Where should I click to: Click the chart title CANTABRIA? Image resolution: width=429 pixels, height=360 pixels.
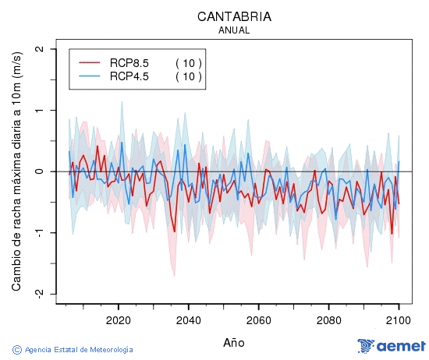[x=234, y=16]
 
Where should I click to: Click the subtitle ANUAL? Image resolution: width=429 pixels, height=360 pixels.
[x=234, y=30]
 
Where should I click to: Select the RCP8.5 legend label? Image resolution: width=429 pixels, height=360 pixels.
[x=129, y=62]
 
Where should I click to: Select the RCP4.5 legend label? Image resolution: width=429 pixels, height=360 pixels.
[x=129, y=76]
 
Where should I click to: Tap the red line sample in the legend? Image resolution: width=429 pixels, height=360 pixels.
[x=90, y=62]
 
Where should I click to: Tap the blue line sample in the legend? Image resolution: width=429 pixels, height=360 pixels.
[x=90, y=76]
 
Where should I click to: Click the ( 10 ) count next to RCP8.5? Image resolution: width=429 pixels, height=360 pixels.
[x=188, y=62]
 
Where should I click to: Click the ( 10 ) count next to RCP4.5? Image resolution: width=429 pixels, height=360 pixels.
[x=188, y=76]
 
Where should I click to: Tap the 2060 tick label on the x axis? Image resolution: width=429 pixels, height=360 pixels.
[x=258, y=320]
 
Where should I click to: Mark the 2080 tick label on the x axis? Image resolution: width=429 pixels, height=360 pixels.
[x=328, y=320]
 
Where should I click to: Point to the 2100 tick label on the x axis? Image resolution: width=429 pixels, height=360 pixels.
[x=399, y=320]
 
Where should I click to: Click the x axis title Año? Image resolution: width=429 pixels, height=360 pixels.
[x=234, y=342]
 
